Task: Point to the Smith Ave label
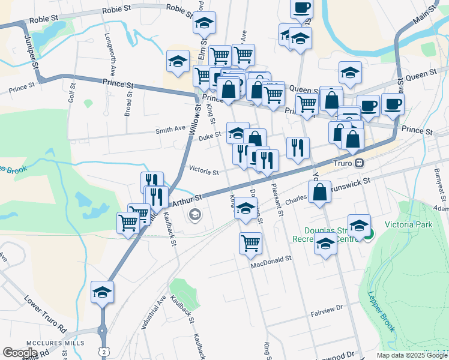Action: point(170,129)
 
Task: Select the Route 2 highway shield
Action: point(104,351)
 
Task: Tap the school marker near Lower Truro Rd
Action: point(103,292)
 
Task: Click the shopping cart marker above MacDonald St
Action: point(250,243)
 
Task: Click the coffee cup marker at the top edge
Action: point(301,8)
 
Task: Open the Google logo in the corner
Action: point(19,353)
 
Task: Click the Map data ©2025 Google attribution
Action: point(412,355)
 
